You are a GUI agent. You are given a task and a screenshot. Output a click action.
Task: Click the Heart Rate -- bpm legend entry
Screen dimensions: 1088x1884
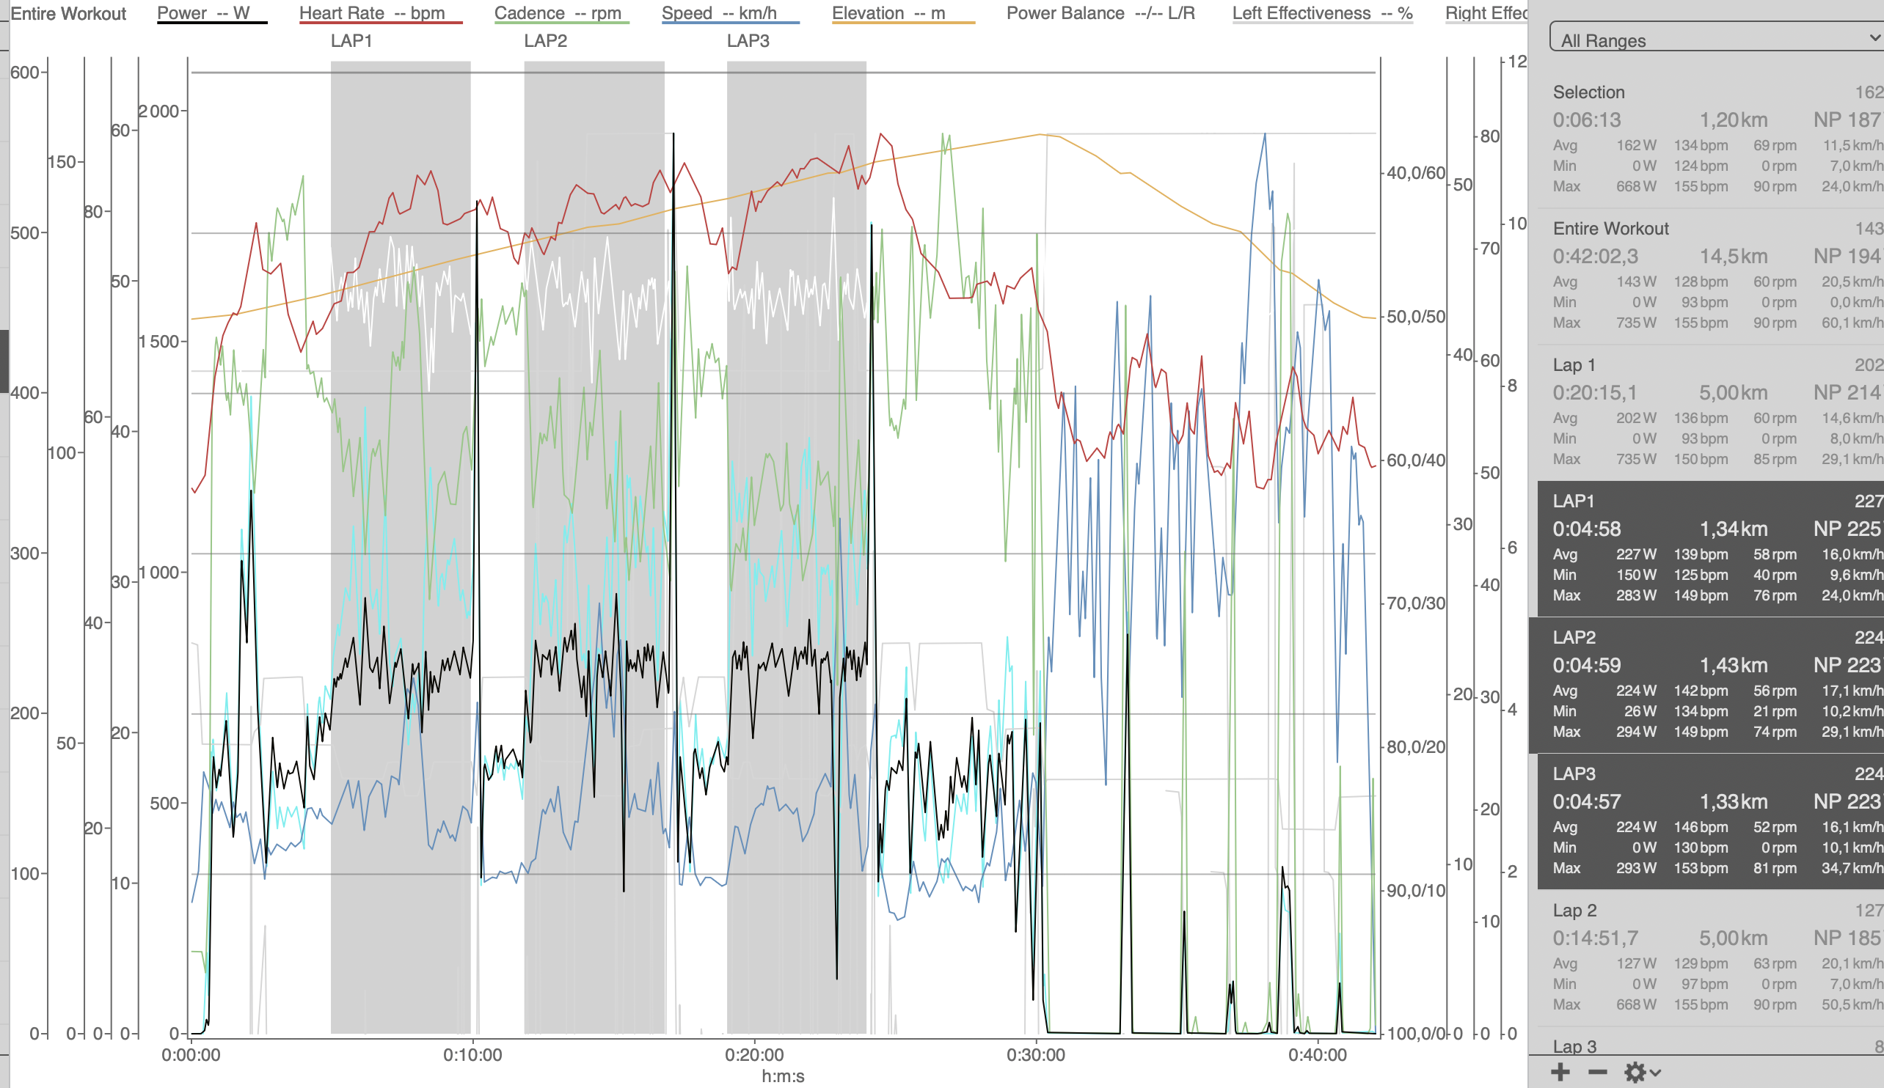(x=371, y=13)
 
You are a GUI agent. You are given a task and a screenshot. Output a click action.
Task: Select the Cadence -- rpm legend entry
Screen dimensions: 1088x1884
(x=558, y=13)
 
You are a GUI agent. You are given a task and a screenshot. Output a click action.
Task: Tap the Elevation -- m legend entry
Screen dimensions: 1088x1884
(x=888, y=13)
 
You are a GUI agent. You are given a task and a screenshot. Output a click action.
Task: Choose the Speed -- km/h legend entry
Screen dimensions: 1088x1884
(x=718, y=13)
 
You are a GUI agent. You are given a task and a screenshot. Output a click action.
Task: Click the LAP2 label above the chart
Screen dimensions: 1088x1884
(x=545, y=41)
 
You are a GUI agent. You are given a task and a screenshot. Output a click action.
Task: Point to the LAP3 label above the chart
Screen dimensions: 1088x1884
(x=748, y=41)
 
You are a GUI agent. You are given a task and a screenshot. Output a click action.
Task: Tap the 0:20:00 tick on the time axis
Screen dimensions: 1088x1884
(x=754, y=1055)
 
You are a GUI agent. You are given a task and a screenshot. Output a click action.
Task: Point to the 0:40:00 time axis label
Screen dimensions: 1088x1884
(x=1318, y=1055)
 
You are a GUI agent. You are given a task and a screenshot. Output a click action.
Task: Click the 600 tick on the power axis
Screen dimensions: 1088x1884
(x=25, y=73)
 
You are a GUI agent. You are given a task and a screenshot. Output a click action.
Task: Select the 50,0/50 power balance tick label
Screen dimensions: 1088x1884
(x=1415, y=317)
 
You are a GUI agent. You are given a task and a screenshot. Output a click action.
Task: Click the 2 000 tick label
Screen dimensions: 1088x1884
(x=159, y=111)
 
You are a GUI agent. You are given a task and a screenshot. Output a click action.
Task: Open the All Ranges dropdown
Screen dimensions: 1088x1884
(x=1715, y=39)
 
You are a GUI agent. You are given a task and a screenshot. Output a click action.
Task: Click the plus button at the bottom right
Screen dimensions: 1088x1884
(x=1560, y=1073)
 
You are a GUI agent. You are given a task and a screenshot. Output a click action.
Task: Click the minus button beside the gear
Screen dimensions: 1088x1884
(x=1598, y=1073)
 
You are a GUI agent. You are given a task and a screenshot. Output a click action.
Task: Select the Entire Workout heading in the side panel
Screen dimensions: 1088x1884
(x=1610, y=229)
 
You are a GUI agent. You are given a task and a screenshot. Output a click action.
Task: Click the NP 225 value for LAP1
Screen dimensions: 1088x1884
(x=1847, y=529)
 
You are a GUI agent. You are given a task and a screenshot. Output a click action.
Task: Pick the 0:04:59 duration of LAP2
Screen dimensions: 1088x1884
(x=1586, y=665)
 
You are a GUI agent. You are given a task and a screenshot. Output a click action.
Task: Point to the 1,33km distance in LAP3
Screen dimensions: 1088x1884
(x=1733, y=802)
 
